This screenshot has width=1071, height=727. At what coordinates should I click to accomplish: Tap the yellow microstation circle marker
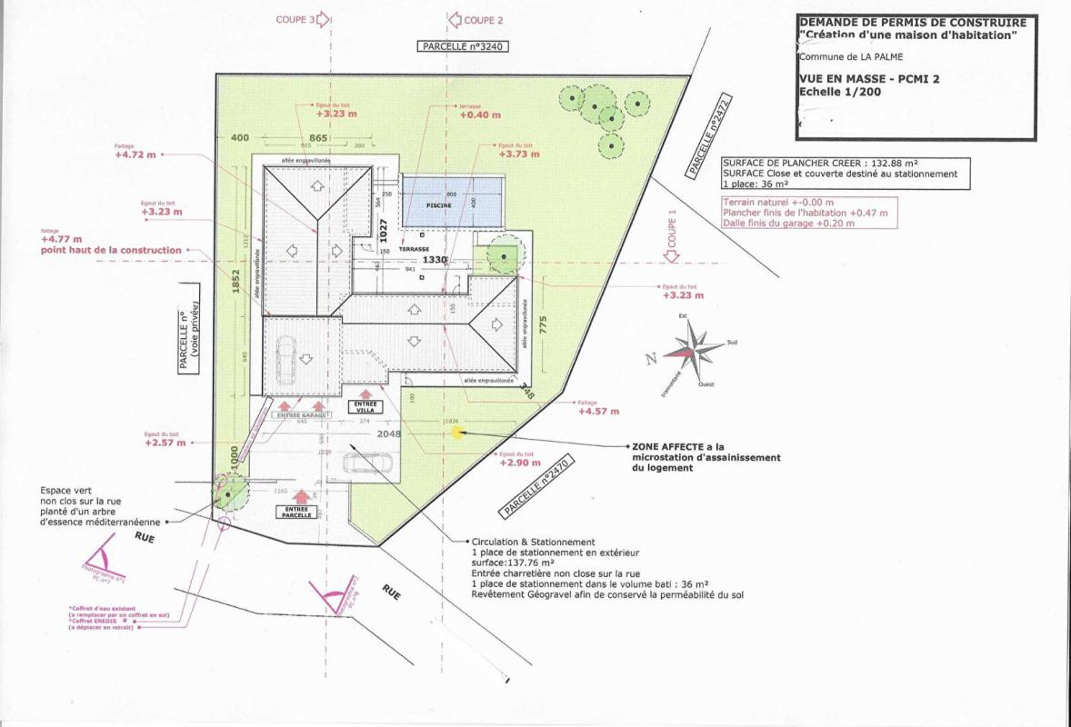point(457,433)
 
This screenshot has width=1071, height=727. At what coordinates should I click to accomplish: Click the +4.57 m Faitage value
point(598,412)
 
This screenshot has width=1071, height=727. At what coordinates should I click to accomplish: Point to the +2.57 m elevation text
point(165,443)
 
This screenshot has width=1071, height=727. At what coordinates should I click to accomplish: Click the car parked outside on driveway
point(369,463)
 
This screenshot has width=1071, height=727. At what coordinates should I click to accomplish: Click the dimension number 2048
point(389,435)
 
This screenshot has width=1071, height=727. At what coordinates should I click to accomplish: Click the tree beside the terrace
point(502,257)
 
